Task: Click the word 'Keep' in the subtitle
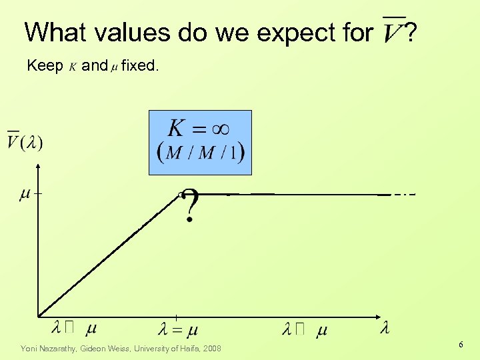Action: pyautogui.click(x=45, y=65)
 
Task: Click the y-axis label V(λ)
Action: pyautogui.click(x=25, y=141)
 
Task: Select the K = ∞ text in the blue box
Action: pyautogui.click(x=199, y=128)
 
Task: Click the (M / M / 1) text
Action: pyautogui.click(x=200, y=153)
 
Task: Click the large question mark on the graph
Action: pyautogui.click(x=191, y=206)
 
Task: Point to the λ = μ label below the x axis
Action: pyautogui.click(x=178, y=329)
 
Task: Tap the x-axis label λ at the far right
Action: pyautogui.click(x=385, y=327)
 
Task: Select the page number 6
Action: pyautogui.click(x=461, y=344)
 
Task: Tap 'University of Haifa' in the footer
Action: pyautogui.click(x=167, y=348)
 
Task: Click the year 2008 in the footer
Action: pyautogui.click(x=211, y=348)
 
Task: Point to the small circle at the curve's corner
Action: pyautogui.click(x=180, y=194)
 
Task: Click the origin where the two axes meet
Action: pyautogui.click(x=38, y=315)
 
